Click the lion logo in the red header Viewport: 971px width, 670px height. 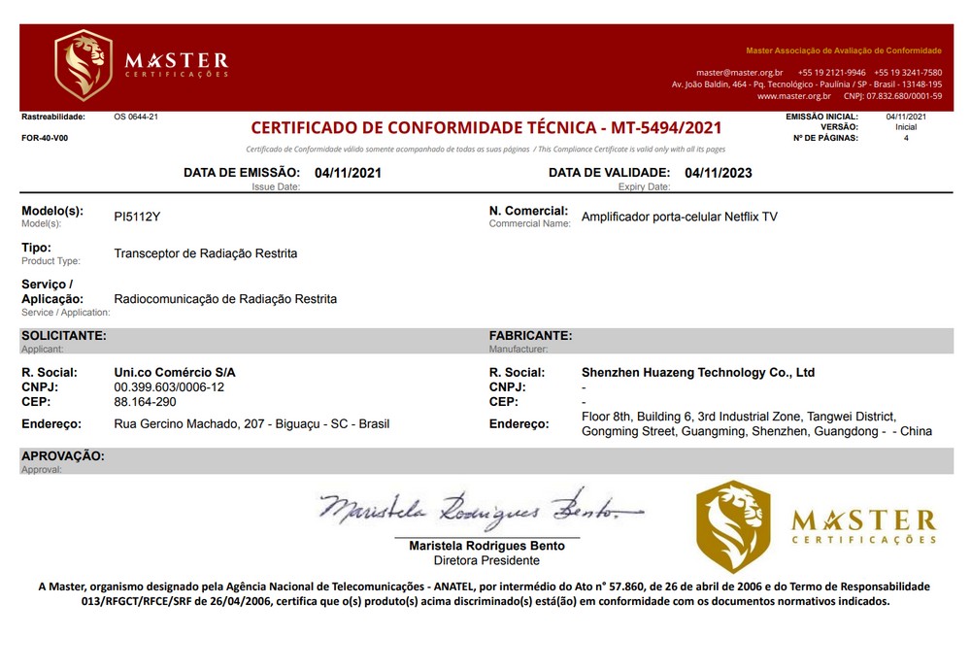tap(84, 65)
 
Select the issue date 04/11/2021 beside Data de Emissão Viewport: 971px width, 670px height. tap(349, 173)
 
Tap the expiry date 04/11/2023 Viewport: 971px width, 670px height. tap(719, 173)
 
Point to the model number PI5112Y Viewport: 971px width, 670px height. tap(137, 217)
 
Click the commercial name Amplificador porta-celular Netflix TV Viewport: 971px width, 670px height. tap(679, 217)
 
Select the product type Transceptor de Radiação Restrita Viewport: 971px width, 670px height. tap(206, 253)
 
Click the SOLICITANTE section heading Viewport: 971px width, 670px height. tap(64, 335)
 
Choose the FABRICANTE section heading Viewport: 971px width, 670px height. tap(530, 335)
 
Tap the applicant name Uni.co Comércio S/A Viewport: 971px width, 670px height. tap(175, 372)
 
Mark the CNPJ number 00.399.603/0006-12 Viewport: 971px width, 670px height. tap(169, 386)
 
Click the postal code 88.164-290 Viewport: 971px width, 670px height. tap(145, 401)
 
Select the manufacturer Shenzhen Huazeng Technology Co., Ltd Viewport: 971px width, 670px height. tap(697, 372)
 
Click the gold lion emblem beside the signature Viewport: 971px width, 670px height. tap(732, 525)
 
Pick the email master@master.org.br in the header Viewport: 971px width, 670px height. tap(739, 73)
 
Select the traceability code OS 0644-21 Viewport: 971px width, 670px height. tap(136, 117)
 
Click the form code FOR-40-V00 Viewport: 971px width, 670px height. tap(45, 138)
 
